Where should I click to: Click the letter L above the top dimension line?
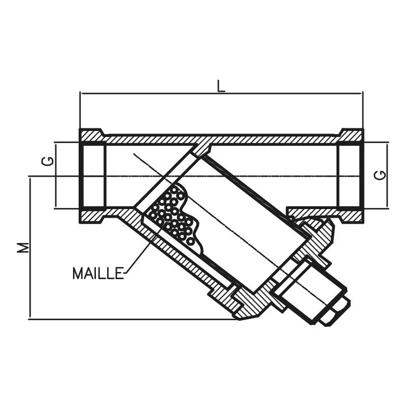[221, 86]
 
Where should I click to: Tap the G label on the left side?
[47, 161]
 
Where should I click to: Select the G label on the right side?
[380, 175]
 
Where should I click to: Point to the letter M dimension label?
[23, 247]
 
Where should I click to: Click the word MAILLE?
[98, 274]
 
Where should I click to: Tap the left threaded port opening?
[92, 176]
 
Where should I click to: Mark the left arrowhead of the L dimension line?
[83, 93]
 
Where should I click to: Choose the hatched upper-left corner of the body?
[91, 136]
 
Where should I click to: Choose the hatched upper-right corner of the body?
[351, 136]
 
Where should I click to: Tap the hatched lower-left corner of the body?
[92, 216]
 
